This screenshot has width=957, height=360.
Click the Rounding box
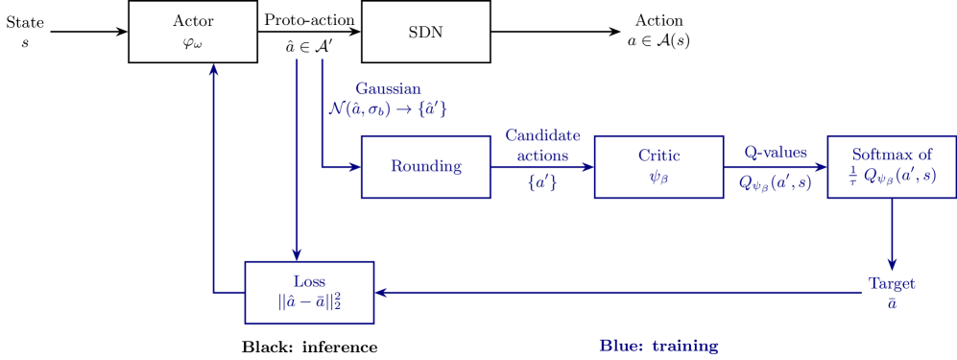[x=425, y=167]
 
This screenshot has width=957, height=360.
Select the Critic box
[x=658, y=167]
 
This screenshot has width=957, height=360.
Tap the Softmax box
[x=892, y=167]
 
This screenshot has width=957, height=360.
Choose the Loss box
[x=309, y=292]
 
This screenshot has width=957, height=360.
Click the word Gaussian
[x=388, y=88]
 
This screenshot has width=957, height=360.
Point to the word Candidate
[x=542, y=135]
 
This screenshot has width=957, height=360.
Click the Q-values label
[x=775, y=153]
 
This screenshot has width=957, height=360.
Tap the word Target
[x=891, y=284]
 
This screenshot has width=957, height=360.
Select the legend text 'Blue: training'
[x=658, y=345]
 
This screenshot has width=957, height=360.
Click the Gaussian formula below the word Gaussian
[x=387, y=109]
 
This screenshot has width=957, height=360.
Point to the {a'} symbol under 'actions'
[x=542, y=182]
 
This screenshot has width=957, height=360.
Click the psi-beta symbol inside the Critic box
[x=658, y=177]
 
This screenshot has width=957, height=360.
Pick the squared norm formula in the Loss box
[x=309, y=301]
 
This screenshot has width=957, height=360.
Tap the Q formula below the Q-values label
[x=776, y=181]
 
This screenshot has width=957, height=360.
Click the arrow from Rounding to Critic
[x=542, y=167]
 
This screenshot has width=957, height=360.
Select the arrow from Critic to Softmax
[x=776, y=167]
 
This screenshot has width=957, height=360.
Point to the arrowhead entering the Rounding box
[x=355, y=167]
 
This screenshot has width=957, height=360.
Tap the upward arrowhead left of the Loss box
[x=213, y=68]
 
